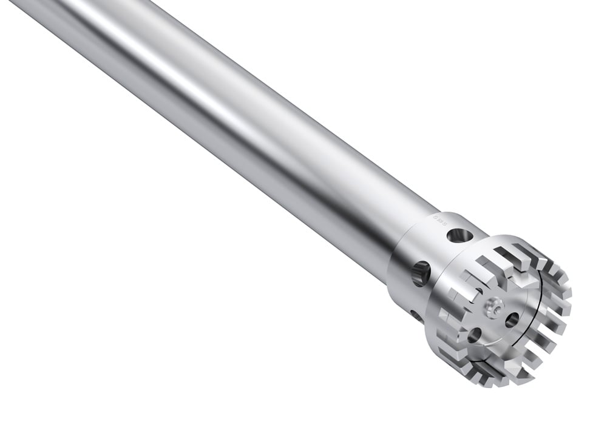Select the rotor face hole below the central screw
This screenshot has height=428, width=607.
tap(474, 335)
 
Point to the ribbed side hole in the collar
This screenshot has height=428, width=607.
tap(421, 274)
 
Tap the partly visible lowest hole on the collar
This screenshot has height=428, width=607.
tap(414, 315)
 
